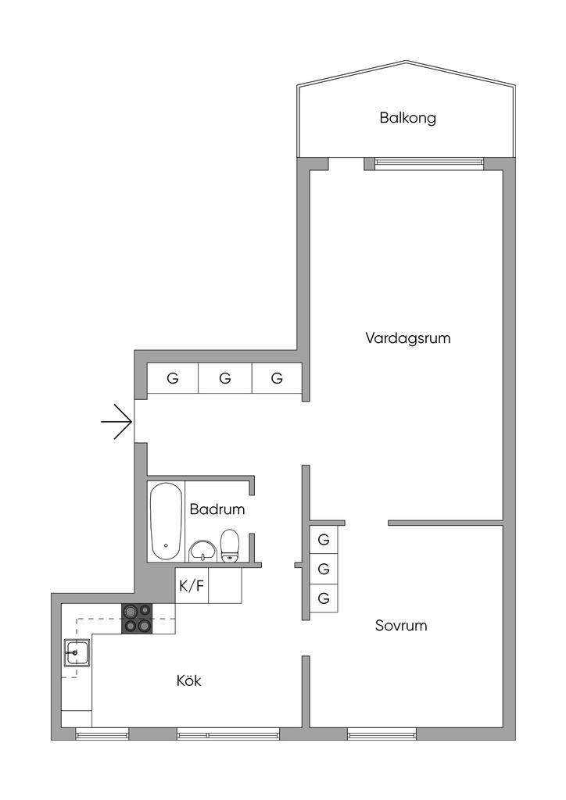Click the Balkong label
(407, 119)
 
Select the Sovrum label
(401, 626)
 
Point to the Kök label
(189, 681)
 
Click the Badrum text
(217, 509)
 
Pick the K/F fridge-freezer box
(192, 586)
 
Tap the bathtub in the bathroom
(166, 520)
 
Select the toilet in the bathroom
(230, 546)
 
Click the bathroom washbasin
(203, 550)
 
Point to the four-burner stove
(138, 618)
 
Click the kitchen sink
(77, 652)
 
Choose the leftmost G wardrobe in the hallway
(173, 379)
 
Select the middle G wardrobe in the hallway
(225, 379)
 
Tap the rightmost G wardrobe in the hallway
(277, 379)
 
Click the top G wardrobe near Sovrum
(324, 539)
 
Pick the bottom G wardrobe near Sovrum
(324, 598)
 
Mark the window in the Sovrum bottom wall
(382, 734)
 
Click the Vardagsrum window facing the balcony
(428, 162)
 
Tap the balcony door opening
(346, 162)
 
